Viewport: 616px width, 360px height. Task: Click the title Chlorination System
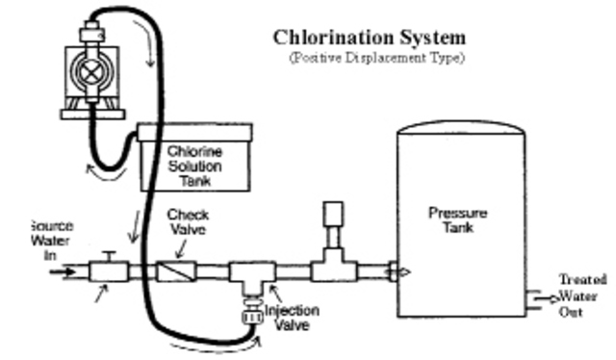coord(370,38)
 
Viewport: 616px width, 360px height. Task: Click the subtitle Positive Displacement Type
coord(375,59)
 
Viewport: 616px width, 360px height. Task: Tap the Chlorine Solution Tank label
coord(194,165)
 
